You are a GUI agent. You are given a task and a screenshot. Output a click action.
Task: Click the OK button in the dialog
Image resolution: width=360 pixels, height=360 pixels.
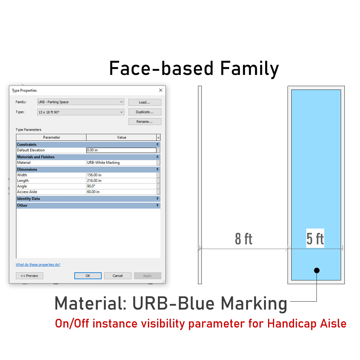coord(88,276)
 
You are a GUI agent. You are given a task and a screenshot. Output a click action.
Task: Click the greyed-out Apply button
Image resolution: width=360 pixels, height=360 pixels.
coord(147,276)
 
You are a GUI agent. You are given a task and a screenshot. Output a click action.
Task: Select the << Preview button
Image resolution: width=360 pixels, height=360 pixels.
coord(30,276)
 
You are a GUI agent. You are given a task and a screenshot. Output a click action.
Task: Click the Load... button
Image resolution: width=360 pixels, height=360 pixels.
coord(145,102)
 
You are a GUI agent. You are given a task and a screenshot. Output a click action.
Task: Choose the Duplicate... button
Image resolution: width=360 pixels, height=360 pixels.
coord(145,112)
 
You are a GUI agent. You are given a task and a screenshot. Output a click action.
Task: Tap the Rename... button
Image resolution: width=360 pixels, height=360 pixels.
coord(145,122)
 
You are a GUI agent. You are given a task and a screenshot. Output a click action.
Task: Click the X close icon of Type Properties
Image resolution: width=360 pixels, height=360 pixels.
coord(161,90)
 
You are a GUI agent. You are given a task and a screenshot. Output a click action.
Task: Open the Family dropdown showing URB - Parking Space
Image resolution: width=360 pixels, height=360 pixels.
coord(81,102)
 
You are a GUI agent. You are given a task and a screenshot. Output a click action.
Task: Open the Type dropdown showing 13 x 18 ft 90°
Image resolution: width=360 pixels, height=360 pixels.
coord(81,112)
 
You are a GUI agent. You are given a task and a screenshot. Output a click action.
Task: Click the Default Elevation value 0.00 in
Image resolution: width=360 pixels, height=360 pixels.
coord(121,150)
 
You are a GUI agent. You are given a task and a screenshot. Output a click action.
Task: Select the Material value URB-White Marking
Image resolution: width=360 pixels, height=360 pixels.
coord(121,163)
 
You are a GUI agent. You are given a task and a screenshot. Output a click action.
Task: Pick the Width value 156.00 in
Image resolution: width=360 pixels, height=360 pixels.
coord(121,175)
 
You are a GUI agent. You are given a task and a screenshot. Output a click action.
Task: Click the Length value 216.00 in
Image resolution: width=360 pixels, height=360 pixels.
coord(121,181)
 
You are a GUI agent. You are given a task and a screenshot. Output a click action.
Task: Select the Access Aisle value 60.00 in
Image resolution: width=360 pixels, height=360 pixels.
coord(121,192)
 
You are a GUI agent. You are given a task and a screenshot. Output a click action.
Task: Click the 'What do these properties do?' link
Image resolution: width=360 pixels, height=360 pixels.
coord(38,265)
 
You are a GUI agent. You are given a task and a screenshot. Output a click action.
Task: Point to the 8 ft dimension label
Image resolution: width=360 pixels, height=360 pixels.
coord(243,239)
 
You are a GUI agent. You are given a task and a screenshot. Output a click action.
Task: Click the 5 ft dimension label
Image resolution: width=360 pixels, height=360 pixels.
coord(315,238)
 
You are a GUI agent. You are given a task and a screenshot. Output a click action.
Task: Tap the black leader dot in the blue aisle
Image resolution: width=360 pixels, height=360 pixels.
coord(316,270)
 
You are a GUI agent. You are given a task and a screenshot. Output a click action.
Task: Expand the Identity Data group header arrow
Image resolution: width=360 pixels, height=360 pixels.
coord(157,198)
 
